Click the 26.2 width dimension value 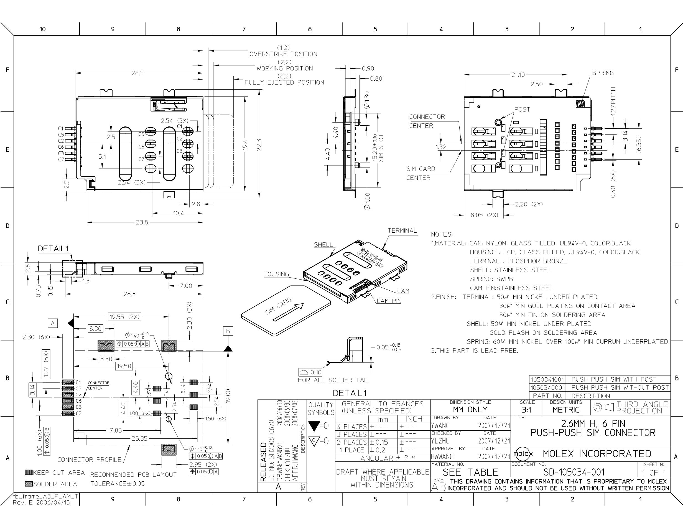[x=137, y=73]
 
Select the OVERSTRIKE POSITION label [x=283, y=54]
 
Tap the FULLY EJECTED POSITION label [x=284, y=83]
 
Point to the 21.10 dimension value [x=518, y=75]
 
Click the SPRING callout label [x=603, y=73]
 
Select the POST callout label [x=522, y=110]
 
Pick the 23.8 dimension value [x=142, y=222]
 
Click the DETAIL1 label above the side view [x=53, y=248]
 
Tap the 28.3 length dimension [x=129, y=294]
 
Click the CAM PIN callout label [x=389, y=301]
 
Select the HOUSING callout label [x=276, y=274]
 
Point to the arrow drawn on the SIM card [x=288, y=312]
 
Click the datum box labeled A [x=53, y=323]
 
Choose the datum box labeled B [x=228, y=331]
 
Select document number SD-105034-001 [x=574, y=472]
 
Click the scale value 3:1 [x=527, y=410]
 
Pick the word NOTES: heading [x=442, y=234]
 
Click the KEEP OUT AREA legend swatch [x=29, y=472]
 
